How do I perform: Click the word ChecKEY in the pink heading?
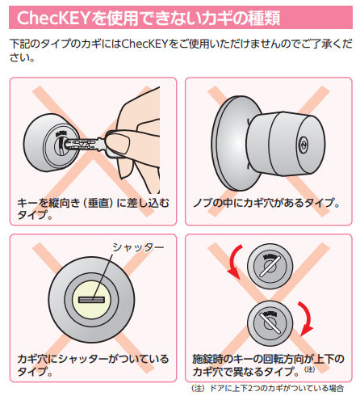click(x=53, y=18)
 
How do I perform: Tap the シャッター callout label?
click(x=138, y=247)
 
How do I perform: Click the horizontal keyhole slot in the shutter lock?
click(x=91, y=300)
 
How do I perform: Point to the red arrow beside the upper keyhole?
click(x=233, y=261)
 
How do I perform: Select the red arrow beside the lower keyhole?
click(x=306, y=319)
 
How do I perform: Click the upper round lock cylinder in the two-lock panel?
click(x=270, y=266)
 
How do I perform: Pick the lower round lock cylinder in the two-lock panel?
click(x=270, y=323)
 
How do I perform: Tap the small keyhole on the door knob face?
click(x=303, y=145)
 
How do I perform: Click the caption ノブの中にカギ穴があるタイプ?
click(x=266, y=203)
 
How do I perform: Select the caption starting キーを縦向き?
click(x=93, y=209)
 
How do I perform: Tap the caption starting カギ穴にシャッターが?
click(x=93, y=364)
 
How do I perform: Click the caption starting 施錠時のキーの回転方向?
click(x=268, y=364)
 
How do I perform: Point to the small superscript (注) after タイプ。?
click(x=309, y=369)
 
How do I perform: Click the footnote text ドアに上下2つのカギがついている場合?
click(x=277, y=388)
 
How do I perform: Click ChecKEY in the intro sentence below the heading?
click(x=145, y=44)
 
